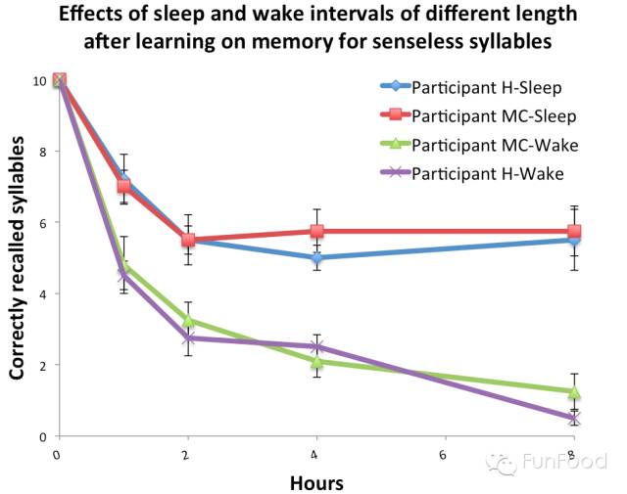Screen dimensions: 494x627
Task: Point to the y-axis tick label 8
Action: [x=41, y=152]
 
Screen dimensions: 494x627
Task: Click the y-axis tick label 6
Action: [x=41, y=223]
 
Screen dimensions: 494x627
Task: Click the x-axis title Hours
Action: [x=316, y=481]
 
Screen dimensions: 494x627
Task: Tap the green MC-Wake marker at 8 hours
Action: [x=574, y=392]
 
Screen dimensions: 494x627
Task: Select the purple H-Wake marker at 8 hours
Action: [x=574, y=418]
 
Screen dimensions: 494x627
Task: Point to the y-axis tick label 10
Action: [x=39, y=80]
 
